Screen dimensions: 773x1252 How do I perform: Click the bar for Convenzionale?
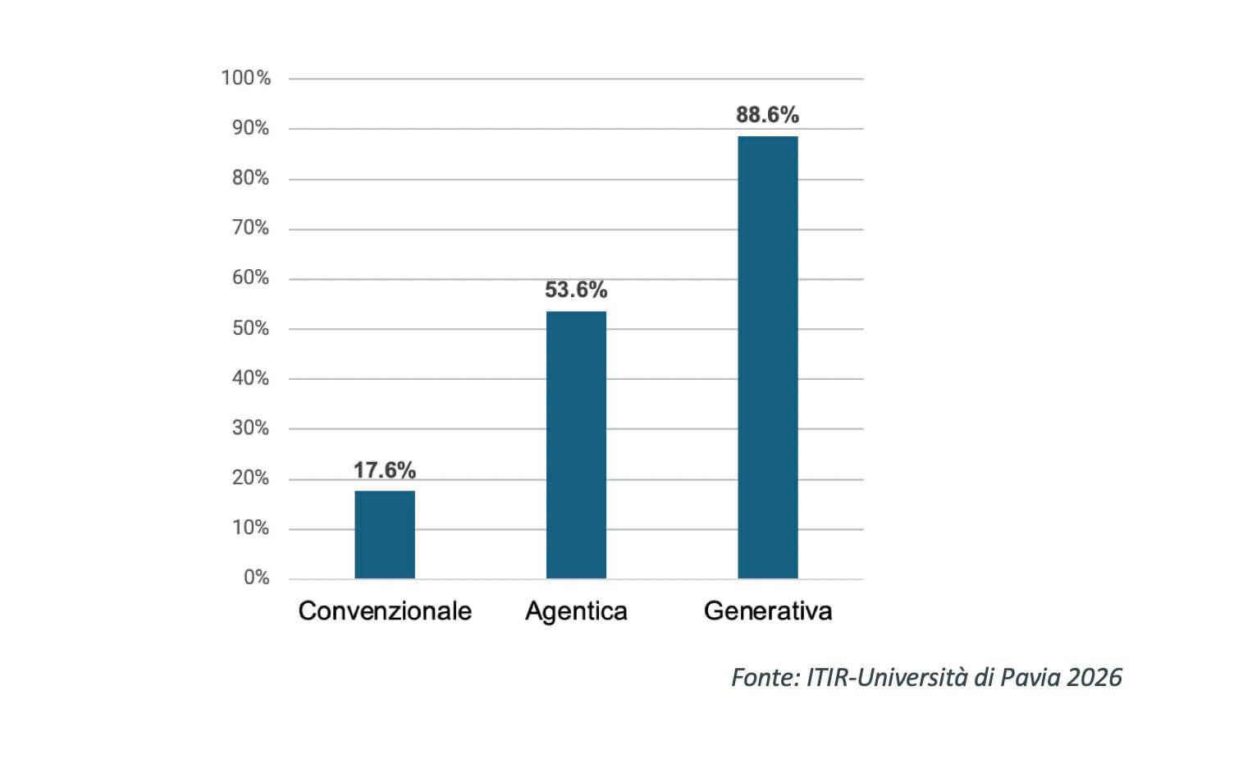click(x=385, y=534)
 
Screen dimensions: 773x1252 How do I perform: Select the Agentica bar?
click(x=576, y=445)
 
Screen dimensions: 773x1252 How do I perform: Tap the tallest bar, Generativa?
click(x=767, y=357)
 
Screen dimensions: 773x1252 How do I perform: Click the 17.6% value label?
click(x=385, y=470)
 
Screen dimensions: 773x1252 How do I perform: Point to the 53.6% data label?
click(x=576, y=290)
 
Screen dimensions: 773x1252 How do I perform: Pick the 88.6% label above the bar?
click(x=767, y=115)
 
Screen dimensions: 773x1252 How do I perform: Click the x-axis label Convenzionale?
click(x=385, y=611)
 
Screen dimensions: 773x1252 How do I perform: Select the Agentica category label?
click(x=576, y=611)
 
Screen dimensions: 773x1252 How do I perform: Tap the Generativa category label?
click(x=768, y=611)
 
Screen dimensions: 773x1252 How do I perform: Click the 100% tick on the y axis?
click(x=245, y=78)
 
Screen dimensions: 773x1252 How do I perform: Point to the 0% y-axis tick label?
click(x=256, y=578)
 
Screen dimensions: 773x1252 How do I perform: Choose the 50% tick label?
click(x=250, y=328)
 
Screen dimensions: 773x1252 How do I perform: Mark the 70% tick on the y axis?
click(x=250, y=228)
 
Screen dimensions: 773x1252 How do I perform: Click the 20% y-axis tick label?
click(x=250, y=478)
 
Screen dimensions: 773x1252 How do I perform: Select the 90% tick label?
click(x=250, y=128)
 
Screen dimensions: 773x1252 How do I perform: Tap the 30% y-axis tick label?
click(x=250, y=428)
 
